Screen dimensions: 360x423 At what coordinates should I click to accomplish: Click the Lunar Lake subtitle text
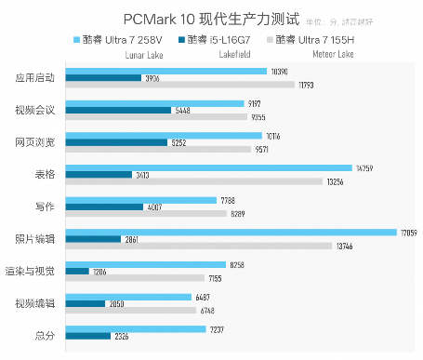(144, 55)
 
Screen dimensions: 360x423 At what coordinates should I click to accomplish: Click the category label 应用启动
(35, 78)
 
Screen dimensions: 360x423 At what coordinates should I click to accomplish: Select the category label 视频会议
(35, 111)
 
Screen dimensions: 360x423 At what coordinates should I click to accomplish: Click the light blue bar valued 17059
(231, 233)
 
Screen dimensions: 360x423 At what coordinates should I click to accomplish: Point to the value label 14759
(364, 168)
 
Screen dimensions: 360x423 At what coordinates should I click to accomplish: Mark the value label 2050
(116, 303)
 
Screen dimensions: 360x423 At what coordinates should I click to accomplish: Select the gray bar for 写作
(146, 213)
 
